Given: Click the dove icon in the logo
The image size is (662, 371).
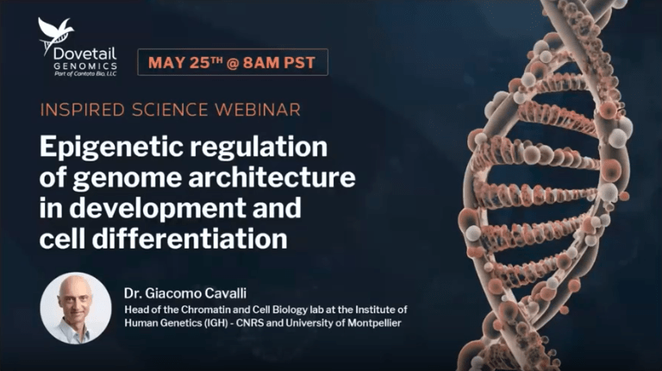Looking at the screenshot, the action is pos(54,35).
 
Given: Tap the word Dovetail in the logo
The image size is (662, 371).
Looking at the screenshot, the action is pos(84,53).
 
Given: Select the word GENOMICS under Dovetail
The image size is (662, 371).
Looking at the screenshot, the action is pos(85,66).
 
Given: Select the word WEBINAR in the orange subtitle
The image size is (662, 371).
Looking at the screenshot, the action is pos(258,110).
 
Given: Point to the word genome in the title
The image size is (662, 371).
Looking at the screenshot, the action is pos(128,179).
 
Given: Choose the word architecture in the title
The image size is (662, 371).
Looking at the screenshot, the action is pos(272,177).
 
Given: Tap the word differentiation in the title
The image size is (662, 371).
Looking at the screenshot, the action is pos(190,238).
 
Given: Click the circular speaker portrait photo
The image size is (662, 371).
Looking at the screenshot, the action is pos(76,308).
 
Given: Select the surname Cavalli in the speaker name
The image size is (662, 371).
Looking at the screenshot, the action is pos(227,293).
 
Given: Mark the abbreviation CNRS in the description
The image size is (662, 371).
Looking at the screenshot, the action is pos(249,324).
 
